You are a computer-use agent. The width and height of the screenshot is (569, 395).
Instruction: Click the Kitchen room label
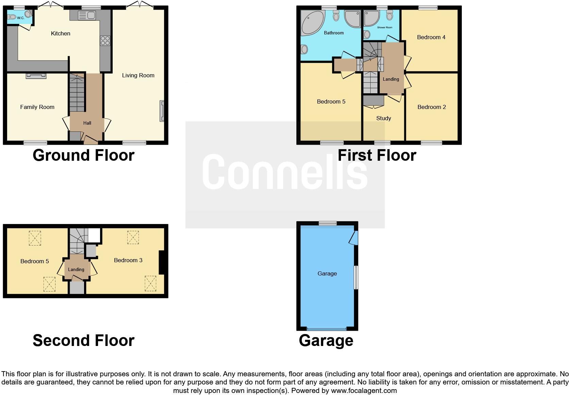point(61,33)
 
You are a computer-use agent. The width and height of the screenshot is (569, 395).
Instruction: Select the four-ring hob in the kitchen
point(105,41)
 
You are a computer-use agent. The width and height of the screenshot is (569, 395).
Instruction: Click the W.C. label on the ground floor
point(20,18)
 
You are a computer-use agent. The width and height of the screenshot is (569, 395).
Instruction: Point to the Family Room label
point(37,107)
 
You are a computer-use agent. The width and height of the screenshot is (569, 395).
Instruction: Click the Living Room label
point(138,75)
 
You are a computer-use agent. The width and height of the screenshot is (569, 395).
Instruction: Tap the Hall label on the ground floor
point(87,123)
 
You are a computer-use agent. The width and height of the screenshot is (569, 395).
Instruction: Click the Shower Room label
point(385,28)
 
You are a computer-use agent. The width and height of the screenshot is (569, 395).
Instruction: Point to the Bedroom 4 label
point(431,37)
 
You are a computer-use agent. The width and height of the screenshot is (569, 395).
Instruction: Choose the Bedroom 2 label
point(432,107)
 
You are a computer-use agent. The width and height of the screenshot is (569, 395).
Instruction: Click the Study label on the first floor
point(384,118)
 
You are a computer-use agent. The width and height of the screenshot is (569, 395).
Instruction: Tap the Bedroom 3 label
point(128,260)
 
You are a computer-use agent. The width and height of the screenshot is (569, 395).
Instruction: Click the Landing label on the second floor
point(76,269)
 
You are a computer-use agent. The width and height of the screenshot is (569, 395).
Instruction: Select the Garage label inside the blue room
point(327,273)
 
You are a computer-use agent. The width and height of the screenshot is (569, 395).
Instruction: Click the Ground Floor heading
point(83,155)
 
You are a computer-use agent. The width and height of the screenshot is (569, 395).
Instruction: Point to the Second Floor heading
point(83,340)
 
